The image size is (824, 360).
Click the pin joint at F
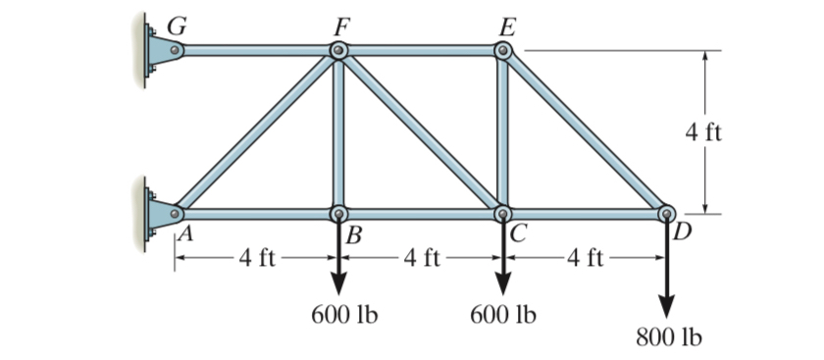338,50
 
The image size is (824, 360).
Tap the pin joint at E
503,50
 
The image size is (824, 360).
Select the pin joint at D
666,213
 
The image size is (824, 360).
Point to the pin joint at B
338,213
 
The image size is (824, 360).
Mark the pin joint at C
503,213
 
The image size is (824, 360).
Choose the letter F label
338,25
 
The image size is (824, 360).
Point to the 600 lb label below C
503,315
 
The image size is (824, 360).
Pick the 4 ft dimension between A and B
257,259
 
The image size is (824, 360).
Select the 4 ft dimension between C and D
586,259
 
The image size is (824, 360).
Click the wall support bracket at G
160,50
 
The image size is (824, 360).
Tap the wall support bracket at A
160,211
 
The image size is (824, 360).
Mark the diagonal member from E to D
585,131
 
